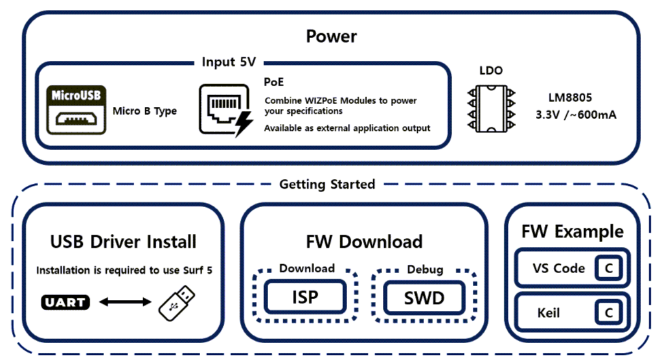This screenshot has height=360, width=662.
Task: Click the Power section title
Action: pos(331,36)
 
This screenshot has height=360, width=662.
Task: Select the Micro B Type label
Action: pos(144,111)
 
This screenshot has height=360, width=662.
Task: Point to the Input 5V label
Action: pos(229,62)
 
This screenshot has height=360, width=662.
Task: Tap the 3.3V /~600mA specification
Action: pos(575,115)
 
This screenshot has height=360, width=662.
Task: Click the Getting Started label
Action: pos(327,184)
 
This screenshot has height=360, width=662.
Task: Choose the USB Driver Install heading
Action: pos(124,242)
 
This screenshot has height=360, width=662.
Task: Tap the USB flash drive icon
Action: pos(179,302)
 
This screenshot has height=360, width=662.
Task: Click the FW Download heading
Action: pos(364,242)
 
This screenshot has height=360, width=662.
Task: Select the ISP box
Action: pos(306,297)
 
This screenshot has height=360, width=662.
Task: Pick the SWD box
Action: pos(424,297)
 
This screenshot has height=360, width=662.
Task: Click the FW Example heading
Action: pos(572,231)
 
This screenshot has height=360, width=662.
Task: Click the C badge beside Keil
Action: pos(608,313)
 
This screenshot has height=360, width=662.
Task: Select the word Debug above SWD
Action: pos(424,269)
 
